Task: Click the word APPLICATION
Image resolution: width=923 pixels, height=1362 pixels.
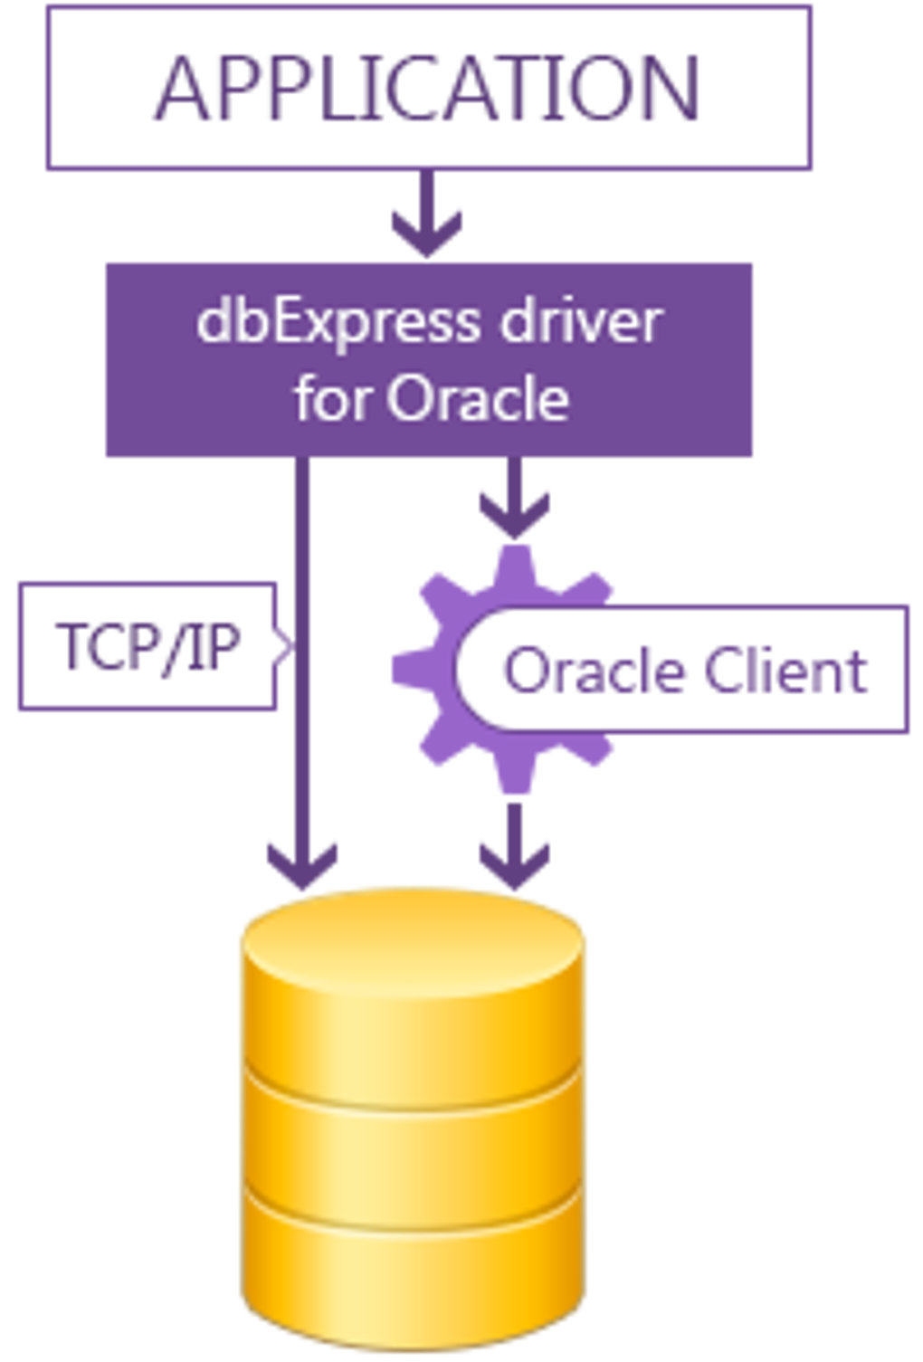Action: coord(428,88)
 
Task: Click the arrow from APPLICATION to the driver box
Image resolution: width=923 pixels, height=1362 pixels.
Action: coord(426,222)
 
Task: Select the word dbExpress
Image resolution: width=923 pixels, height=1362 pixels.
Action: coord(339,321)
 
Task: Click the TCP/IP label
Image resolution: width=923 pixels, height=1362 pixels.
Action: coord(147,646)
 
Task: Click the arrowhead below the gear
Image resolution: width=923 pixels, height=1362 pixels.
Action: coord(514,864)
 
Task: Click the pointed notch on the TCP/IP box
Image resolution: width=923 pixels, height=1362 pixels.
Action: coord(284,646)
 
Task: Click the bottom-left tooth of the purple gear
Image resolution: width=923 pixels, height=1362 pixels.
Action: coord(436,748)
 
